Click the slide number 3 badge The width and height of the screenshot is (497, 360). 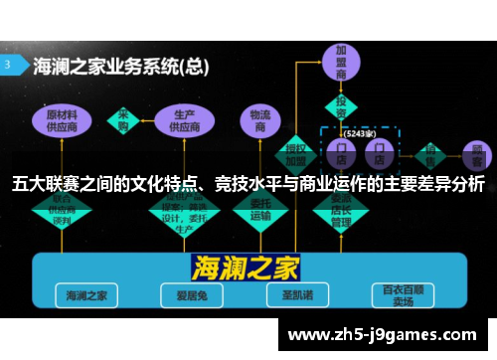pos(12,65)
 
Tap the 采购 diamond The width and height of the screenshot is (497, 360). pos(123,118)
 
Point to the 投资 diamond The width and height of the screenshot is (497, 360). pos(341,106)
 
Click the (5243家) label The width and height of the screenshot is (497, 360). pos(359,132)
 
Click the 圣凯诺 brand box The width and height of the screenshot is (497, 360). pos(289,295)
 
